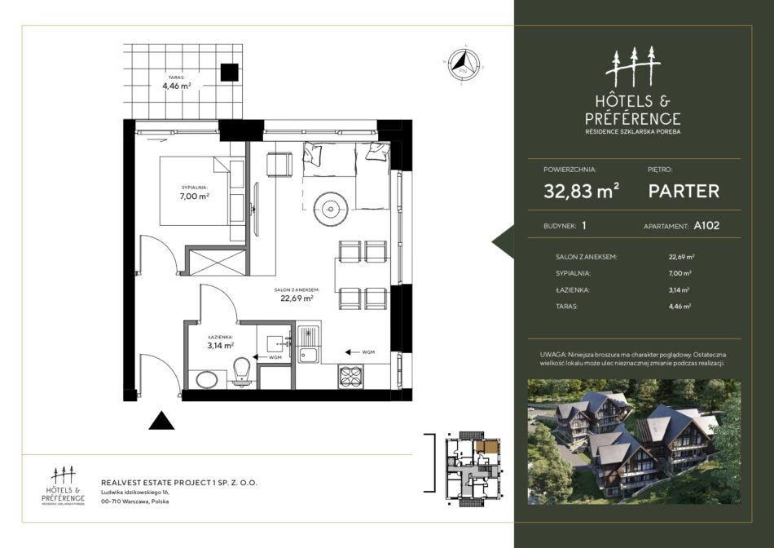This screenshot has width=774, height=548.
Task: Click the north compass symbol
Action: click(464, 64)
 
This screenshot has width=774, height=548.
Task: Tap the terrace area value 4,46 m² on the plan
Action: click(177, 86)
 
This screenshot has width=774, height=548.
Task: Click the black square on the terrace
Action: click(230, 72)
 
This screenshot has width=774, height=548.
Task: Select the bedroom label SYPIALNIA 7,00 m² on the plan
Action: click(195, 192)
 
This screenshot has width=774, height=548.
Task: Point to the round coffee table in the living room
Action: click(331, 209)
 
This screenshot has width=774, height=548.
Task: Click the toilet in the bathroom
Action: click(242, 372)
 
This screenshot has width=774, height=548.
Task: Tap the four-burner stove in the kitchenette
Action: click(350, 377)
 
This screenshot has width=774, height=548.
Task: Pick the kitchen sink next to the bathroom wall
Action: click(309, 343)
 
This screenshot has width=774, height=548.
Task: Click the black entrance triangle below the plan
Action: click(161, 421)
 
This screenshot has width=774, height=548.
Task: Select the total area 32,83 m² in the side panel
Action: click(582, 191)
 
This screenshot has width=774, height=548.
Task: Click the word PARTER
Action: click(684, 192)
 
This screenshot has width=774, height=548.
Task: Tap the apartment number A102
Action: click(706, 225)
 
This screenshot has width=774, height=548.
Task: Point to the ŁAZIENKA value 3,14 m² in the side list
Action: click(679, 290)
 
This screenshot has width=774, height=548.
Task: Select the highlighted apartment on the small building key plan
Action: click(486, 448)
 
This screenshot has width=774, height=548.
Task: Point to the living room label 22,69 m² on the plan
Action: click(297, 298)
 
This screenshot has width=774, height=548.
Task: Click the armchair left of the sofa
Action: click(279, 165)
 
